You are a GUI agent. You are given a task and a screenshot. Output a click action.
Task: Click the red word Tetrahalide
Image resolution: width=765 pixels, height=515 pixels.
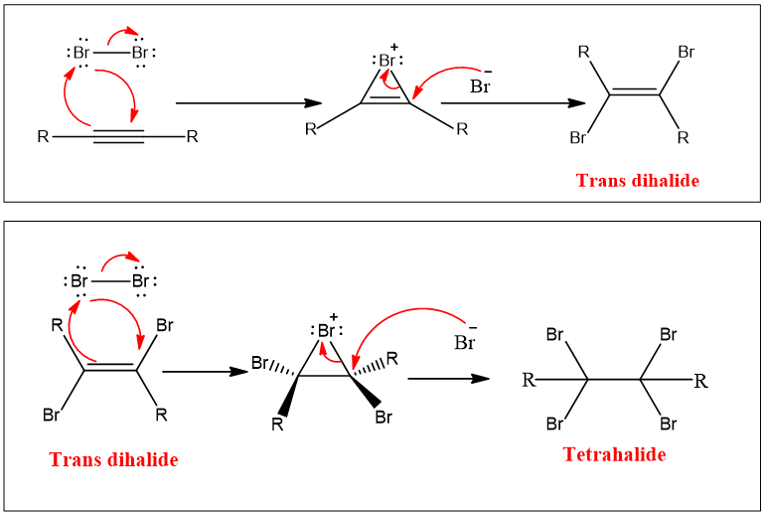coord(614,454)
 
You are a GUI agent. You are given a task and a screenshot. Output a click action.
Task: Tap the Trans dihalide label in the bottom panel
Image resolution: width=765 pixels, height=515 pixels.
coord(113,460)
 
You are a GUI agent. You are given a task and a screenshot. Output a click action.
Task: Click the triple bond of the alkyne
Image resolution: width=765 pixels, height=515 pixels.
coord(119,136)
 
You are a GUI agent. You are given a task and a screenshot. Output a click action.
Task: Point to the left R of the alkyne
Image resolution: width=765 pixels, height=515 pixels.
coord(43,136)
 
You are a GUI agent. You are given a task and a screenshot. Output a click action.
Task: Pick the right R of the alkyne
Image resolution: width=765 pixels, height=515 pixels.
coord(193,136)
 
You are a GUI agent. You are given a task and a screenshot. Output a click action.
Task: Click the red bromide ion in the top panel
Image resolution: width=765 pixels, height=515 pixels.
coord(481,86)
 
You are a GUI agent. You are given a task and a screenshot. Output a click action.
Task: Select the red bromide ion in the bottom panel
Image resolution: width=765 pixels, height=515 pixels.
coord(465,343)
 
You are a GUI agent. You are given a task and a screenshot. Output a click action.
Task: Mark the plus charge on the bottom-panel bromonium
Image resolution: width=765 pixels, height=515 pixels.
coord(334,316)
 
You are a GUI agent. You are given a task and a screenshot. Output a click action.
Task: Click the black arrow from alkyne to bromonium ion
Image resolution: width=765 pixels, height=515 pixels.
coord(248,102)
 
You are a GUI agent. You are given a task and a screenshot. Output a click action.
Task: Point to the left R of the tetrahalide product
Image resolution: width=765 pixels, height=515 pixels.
coord(529,379)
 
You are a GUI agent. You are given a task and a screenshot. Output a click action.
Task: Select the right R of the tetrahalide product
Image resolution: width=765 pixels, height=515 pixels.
coord(701,379)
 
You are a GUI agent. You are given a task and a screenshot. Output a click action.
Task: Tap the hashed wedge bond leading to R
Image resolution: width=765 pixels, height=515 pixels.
coord(367,367)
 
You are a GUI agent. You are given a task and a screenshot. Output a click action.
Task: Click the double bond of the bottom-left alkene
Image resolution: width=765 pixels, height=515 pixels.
coord(109,369)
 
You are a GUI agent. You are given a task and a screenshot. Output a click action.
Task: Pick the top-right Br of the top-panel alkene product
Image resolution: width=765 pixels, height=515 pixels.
coord(686,51)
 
